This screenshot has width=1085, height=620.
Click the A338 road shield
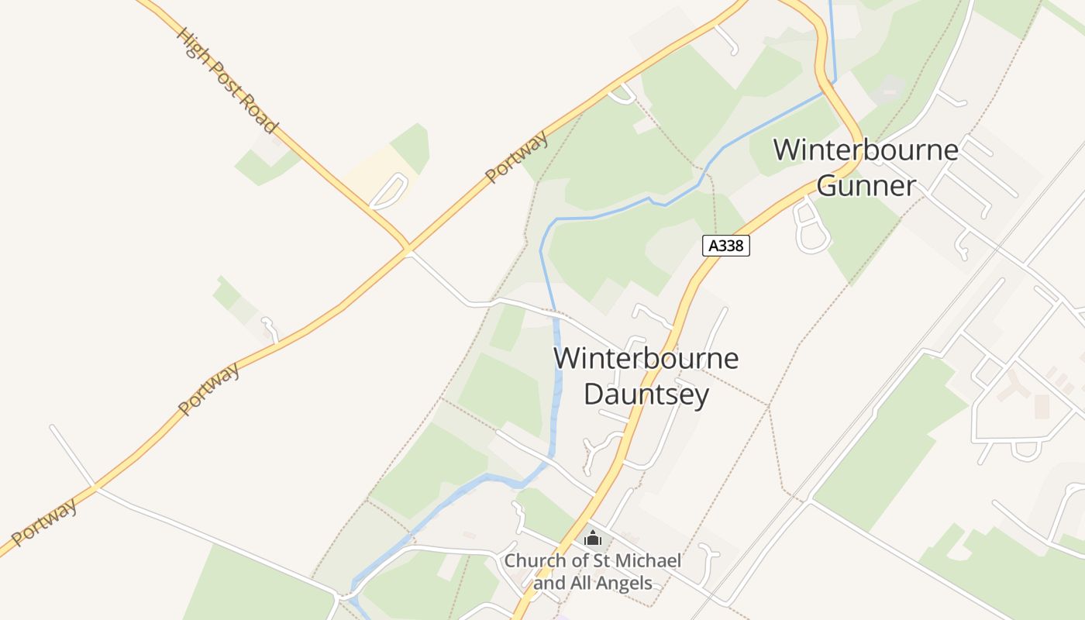click(x=726, y=246)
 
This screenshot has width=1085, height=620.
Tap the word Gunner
click(x=866, y=186)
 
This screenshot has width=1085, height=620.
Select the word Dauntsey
click(x=646, y=394)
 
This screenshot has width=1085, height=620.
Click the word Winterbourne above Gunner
click(x=866, y=150)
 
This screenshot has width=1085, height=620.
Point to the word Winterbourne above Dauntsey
click(x=646, y=359)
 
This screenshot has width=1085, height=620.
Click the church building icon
click(x=593, y=537)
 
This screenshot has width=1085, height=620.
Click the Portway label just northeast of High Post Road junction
click(x=517, y=157)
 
